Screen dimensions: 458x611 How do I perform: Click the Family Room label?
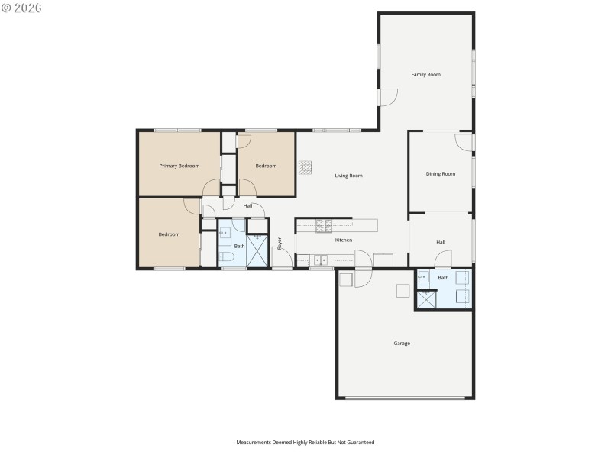(426, 75)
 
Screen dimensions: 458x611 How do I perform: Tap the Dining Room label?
(440, 174)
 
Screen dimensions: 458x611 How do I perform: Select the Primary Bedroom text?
(179, 166)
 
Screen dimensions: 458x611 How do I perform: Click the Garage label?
(402, 343)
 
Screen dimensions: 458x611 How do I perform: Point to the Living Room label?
(348, 176)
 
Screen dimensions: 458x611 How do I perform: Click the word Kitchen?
(344, 240)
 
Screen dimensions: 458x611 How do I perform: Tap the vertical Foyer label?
(280, 244)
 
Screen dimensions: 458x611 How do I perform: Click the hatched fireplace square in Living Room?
(305, 166)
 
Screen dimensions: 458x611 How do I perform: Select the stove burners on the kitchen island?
(324, 224)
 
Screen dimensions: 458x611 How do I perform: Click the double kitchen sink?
(318, 260)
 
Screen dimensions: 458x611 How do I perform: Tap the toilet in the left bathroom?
(227, 257)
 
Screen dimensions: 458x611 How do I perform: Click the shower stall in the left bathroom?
(258, 251)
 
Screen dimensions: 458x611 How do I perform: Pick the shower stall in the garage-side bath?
(425, 299)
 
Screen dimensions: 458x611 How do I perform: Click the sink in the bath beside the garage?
(424, 278)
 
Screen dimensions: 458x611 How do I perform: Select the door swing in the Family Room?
(389, 98)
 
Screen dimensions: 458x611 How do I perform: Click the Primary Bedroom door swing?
(212, 188)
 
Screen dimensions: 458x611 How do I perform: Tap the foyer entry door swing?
(282, 260)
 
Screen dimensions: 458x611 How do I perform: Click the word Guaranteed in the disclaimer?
(360, 443)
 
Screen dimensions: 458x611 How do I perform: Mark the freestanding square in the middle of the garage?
(402, 290)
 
